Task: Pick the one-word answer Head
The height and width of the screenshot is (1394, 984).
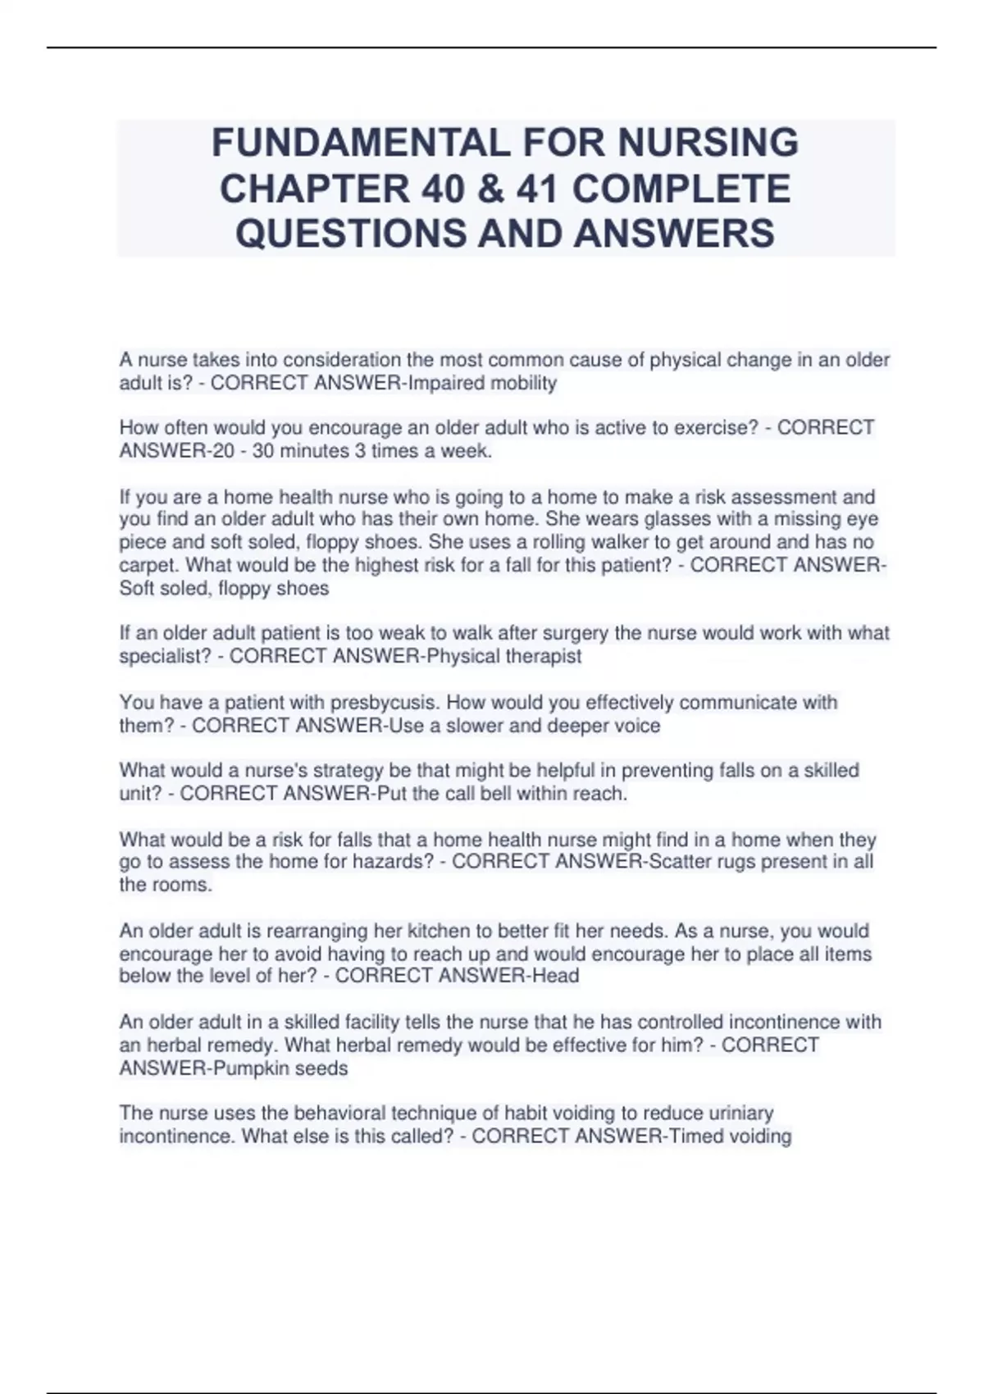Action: (x=555, y=976)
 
